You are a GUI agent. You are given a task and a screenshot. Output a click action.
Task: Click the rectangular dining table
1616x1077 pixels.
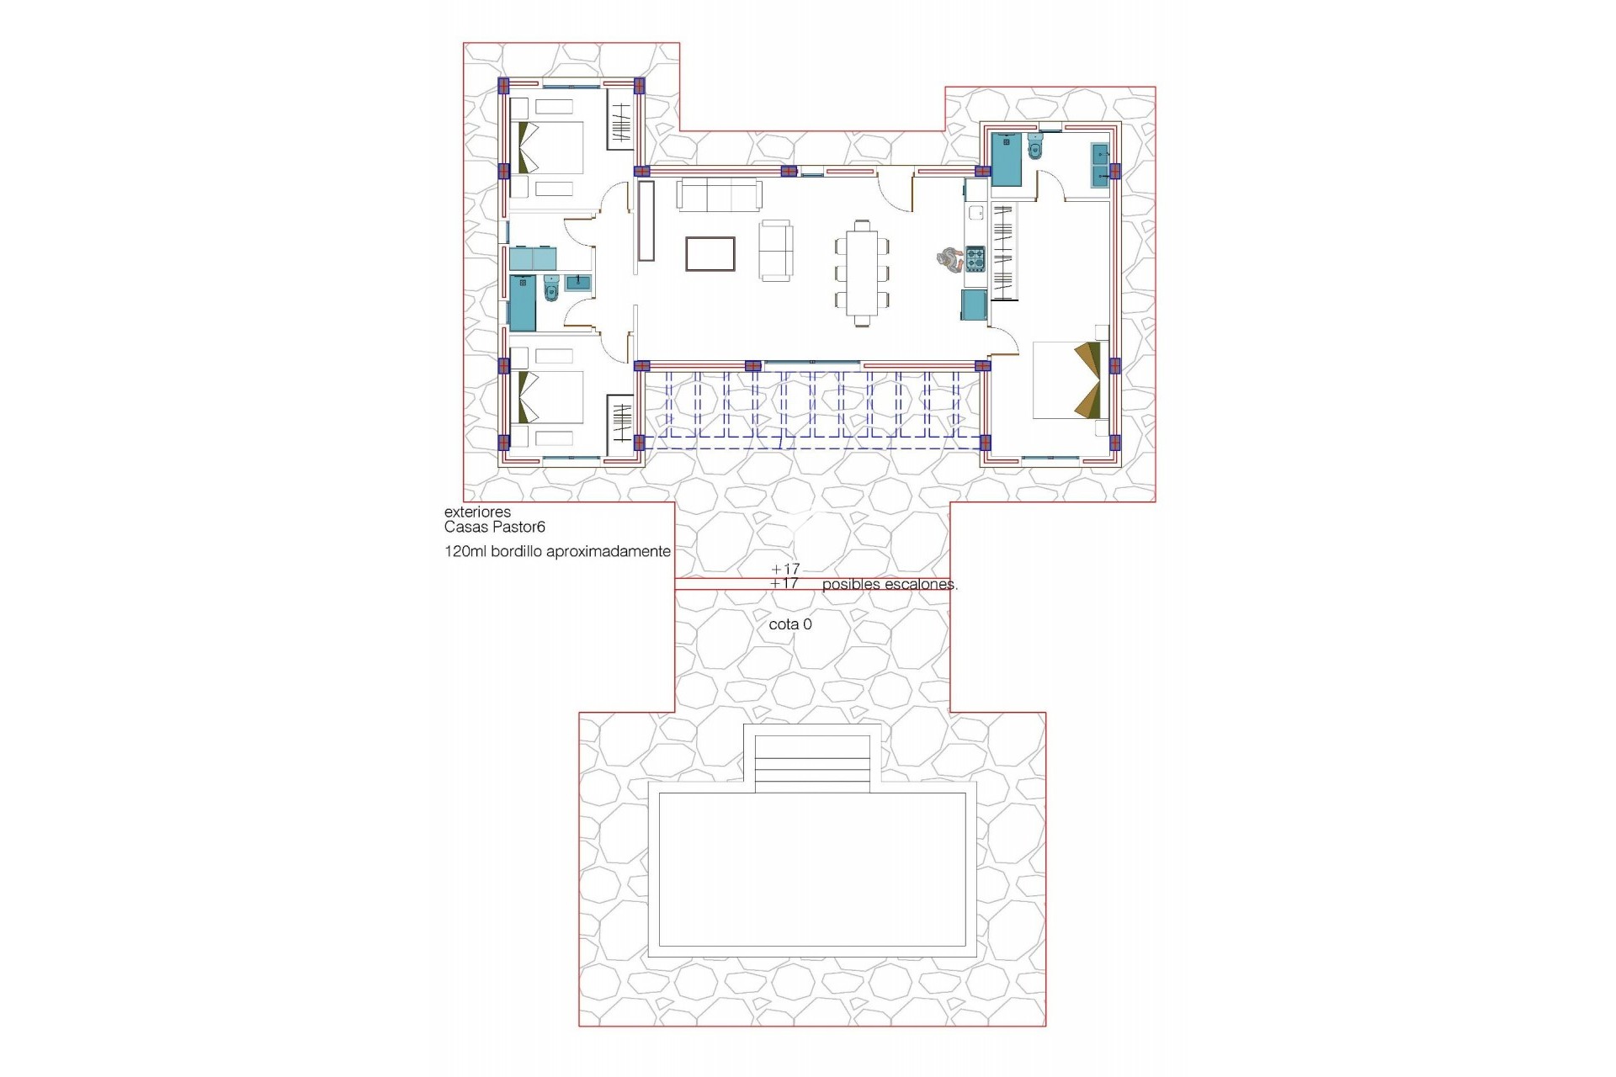tap(862, 273)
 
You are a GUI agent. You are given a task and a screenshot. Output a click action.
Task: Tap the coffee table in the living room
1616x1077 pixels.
tap(710, 254)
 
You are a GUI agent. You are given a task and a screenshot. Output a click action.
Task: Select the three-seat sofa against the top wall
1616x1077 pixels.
tap(720, 194)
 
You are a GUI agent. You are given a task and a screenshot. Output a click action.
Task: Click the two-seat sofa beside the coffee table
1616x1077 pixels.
tap(775, 250)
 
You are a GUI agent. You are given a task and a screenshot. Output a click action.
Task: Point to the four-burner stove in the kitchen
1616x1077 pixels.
tap(975, 259)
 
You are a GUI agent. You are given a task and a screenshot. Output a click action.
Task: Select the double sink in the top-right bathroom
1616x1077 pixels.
tap(1099, 165)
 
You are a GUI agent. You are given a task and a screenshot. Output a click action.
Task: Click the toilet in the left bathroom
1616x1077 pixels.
tap(551, 289)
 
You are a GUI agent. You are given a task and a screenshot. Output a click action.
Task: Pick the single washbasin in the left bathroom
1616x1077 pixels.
tap(578, 283)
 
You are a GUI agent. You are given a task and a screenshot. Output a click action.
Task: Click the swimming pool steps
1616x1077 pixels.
tap(811, 764)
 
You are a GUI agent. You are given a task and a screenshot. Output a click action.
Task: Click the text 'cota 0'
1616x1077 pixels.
tap(789, 625)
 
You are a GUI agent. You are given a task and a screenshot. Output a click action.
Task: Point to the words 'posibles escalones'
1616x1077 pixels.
tap(889, 585)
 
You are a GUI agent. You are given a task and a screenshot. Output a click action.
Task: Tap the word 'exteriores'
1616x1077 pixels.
tap(477, 512)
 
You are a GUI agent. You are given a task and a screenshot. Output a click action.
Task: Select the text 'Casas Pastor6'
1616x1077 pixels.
tap(495, 528)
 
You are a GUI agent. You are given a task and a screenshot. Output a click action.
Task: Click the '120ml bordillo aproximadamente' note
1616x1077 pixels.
tap(557, 552)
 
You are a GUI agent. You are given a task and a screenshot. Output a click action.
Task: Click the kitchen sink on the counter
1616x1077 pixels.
tap(975, 212)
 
